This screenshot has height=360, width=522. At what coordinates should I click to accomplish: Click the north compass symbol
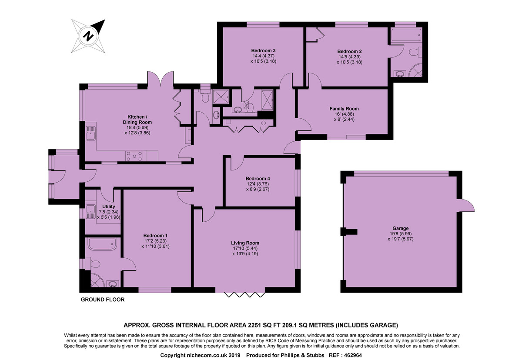[x=89, y=35]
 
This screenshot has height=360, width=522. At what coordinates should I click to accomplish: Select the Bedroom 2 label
[x=349, y=51]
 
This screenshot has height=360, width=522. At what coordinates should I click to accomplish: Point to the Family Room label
[x=344, y=109]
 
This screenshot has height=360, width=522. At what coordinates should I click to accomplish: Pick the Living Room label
[x=246, y=243]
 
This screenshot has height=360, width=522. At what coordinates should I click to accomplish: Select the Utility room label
[x=108, y=207]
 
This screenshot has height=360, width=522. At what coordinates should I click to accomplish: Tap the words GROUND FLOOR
[x=103, y=300]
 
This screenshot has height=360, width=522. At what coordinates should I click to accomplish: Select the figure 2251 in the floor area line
[x=253, y=325]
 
